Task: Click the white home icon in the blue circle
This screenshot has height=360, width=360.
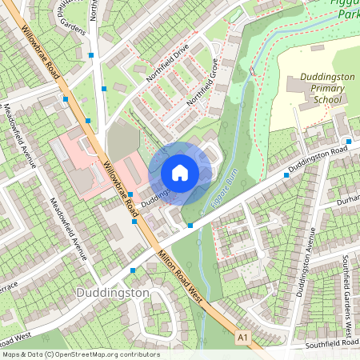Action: [x=180, y=173]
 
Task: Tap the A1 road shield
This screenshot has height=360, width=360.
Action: [x=243, y=338]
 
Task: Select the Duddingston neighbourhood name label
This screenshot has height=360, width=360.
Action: [x=112, y=293]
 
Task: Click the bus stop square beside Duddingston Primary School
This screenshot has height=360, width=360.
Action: [x=286, y=174]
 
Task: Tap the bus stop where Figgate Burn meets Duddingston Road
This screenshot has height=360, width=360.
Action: [x=190, y=226]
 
